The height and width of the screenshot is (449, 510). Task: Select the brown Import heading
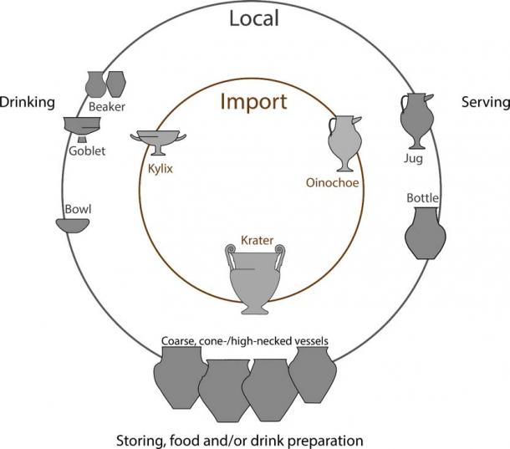253,103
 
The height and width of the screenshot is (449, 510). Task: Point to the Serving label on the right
485,103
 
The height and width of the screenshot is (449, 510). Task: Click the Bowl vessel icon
72,225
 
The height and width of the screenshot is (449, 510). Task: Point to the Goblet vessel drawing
82,128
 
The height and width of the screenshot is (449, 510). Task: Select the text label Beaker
108,106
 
